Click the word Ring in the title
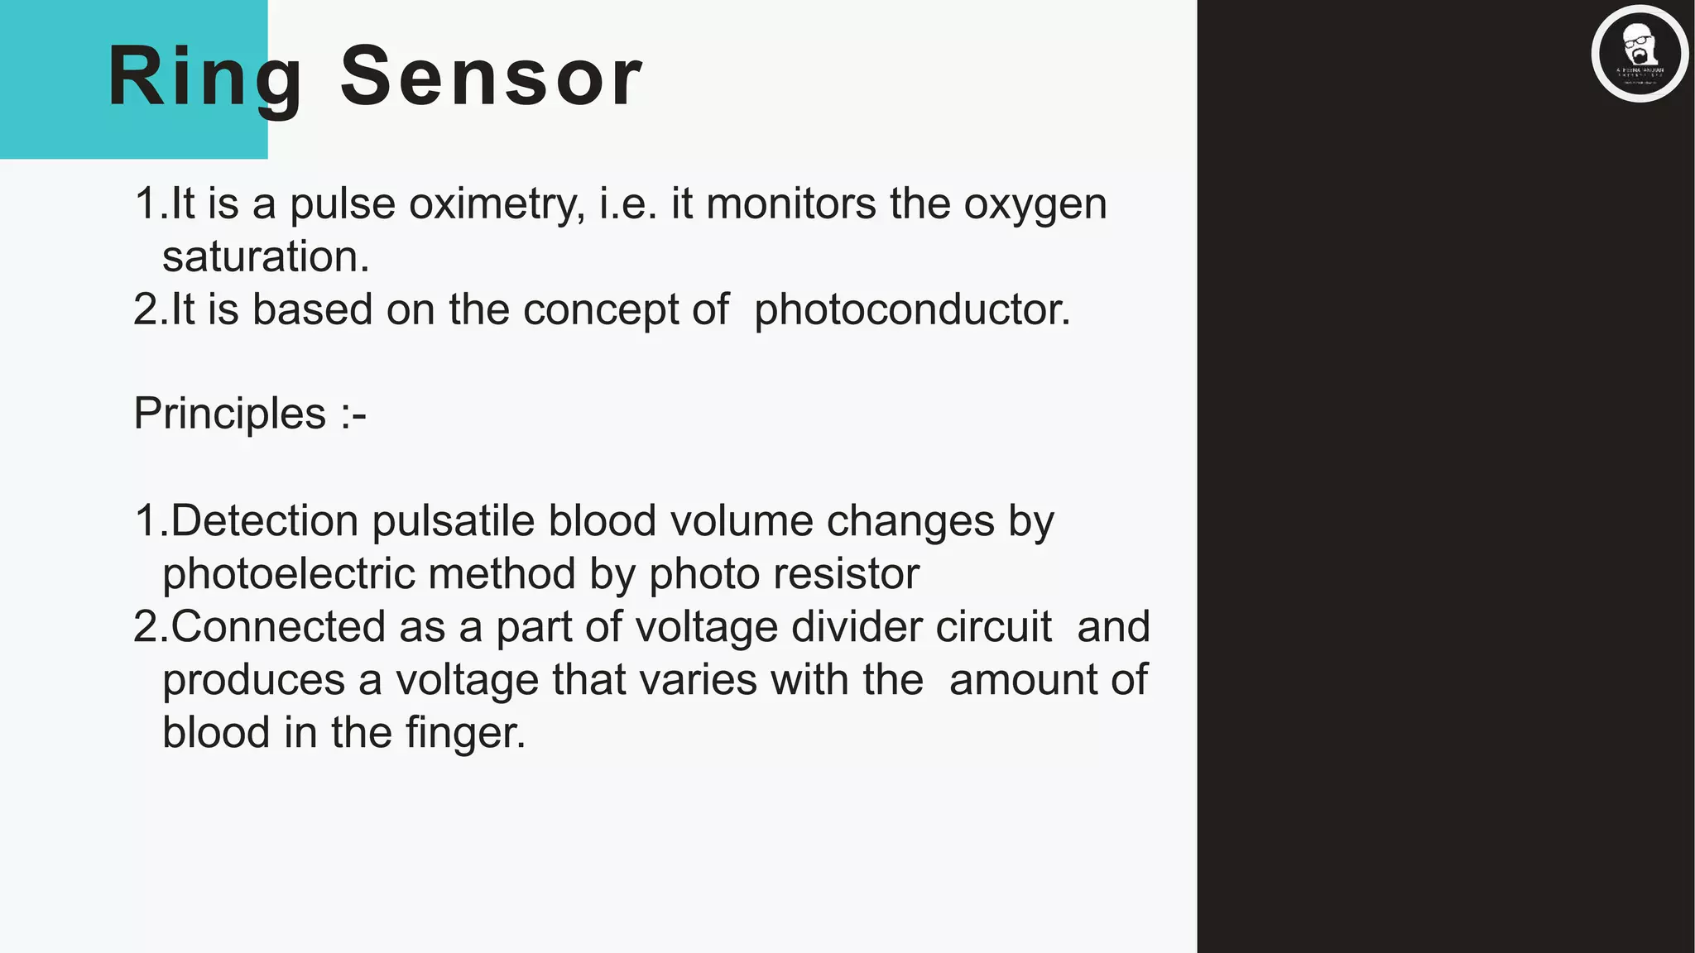pyautogui.click(x=204, y=76)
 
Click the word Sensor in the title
pyautogui.click(x=491, y=76)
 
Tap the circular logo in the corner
pyautogui.click(x=1639, y=54)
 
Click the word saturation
pyautogui.click(x=266, y=256)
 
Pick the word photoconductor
pyautogui.click(x=912, y=310)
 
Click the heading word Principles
pyautogui.click(x=230, y=414)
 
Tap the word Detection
pyautogui.click(x=265, y=521)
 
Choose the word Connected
pyautogui.click(x=278, y=627)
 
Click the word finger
pyautogui.click(x=465, y=733)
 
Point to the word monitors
pyautogui.click(x=790, y=204)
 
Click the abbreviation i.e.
pyautogui.click(x=628, y=204)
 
